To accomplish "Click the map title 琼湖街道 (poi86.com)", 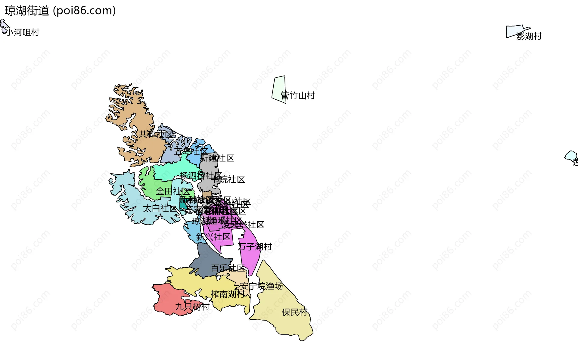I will tap(60, 11).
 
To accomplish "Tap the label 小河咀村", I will tap(23, 32).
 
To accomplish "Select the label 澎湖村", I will tap(529, 36).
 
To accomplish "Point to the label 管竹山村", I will tap(298, 96).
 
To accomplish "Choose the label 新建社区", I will tap(217, 158).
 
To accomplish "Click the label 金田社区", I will tap(173, 191).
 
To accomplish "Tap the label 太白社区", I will tap(160, 208).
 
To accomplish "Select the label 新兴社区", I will tap(213, 237).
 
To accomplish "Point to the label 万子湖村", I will tap(255, 247).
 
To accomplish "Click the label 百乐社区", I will tap(228, 268).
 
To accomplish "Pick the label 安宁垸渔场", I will tap(261, 286).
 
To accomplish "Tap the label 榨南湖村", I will tap(228, 294).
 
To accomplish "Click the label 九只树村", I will tap(192, 307).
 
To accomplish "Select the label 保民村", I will tap(294, 312).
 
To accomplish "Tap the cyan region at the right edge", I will tap(571, 156).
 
